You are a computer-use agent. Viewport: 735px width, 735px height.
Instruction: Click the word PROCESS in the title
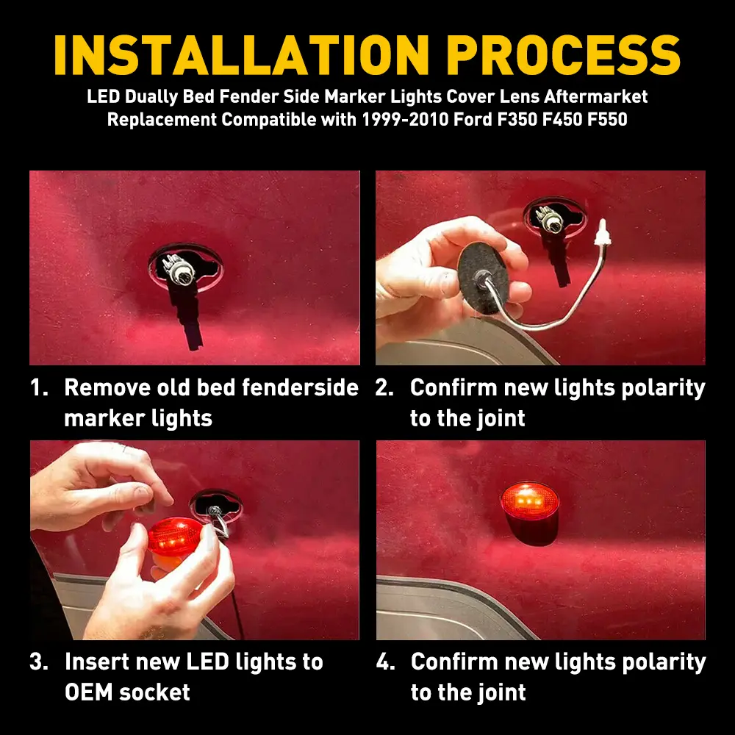click(x=563, y=55)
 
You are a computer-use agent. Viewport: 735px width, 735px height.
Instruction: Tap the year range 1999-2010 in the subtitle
click(x=404, y=120)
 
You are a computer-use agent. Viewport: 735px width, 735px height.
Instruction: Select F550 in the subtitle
click(x=607, y=120)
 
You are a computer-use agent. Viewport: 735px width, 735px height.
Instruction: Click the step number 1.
click(x=39, y=387)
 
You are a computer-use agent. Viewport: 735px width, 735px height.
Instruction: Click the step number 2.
click(x=384, y=387)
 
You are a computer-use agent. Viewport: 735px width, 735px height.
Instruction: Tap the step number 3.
click(x=39, y=662)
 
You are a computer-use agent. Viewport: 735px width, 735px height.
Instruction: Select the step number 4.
click(x=385, y=662)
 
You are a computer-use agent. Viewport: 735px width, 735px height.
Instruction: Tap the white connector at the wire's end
click(x=601, y=234)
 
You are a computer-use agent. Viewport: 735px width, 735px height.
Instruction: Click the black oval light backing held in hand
click(x=483, y=279)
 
